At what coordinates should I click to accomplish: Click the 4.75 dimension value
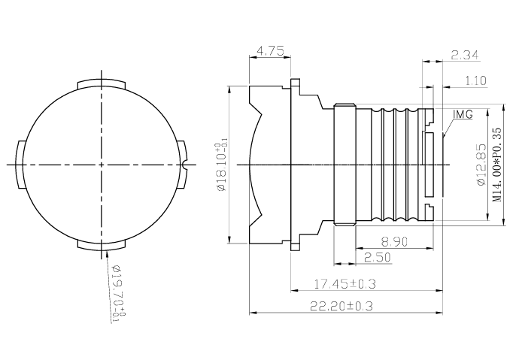click(x=269, y=52)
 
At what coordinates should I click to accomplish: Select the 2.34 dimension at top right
click(x=465, y=54)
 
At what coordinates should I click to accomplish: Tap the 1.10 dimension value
click(x=475, y=80)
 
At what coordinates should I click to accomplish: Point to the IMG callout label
click(x=463, y=114)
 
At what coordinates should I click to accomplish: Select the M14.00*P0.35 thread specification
click(x=497, y=164)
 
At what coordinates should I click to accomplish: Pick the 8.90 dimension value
click(x=394, y=241)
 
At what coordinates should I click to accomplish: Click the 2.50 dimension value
click(x=376, y=257)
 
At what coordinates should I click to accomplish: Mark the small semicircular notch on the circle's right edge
click(x=183, y=164)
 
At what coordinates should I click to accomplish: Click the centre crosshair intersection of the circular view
click(x=100, y=164)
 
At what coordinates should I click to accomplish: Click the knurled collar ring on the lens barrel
click(x=344, y=164)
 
